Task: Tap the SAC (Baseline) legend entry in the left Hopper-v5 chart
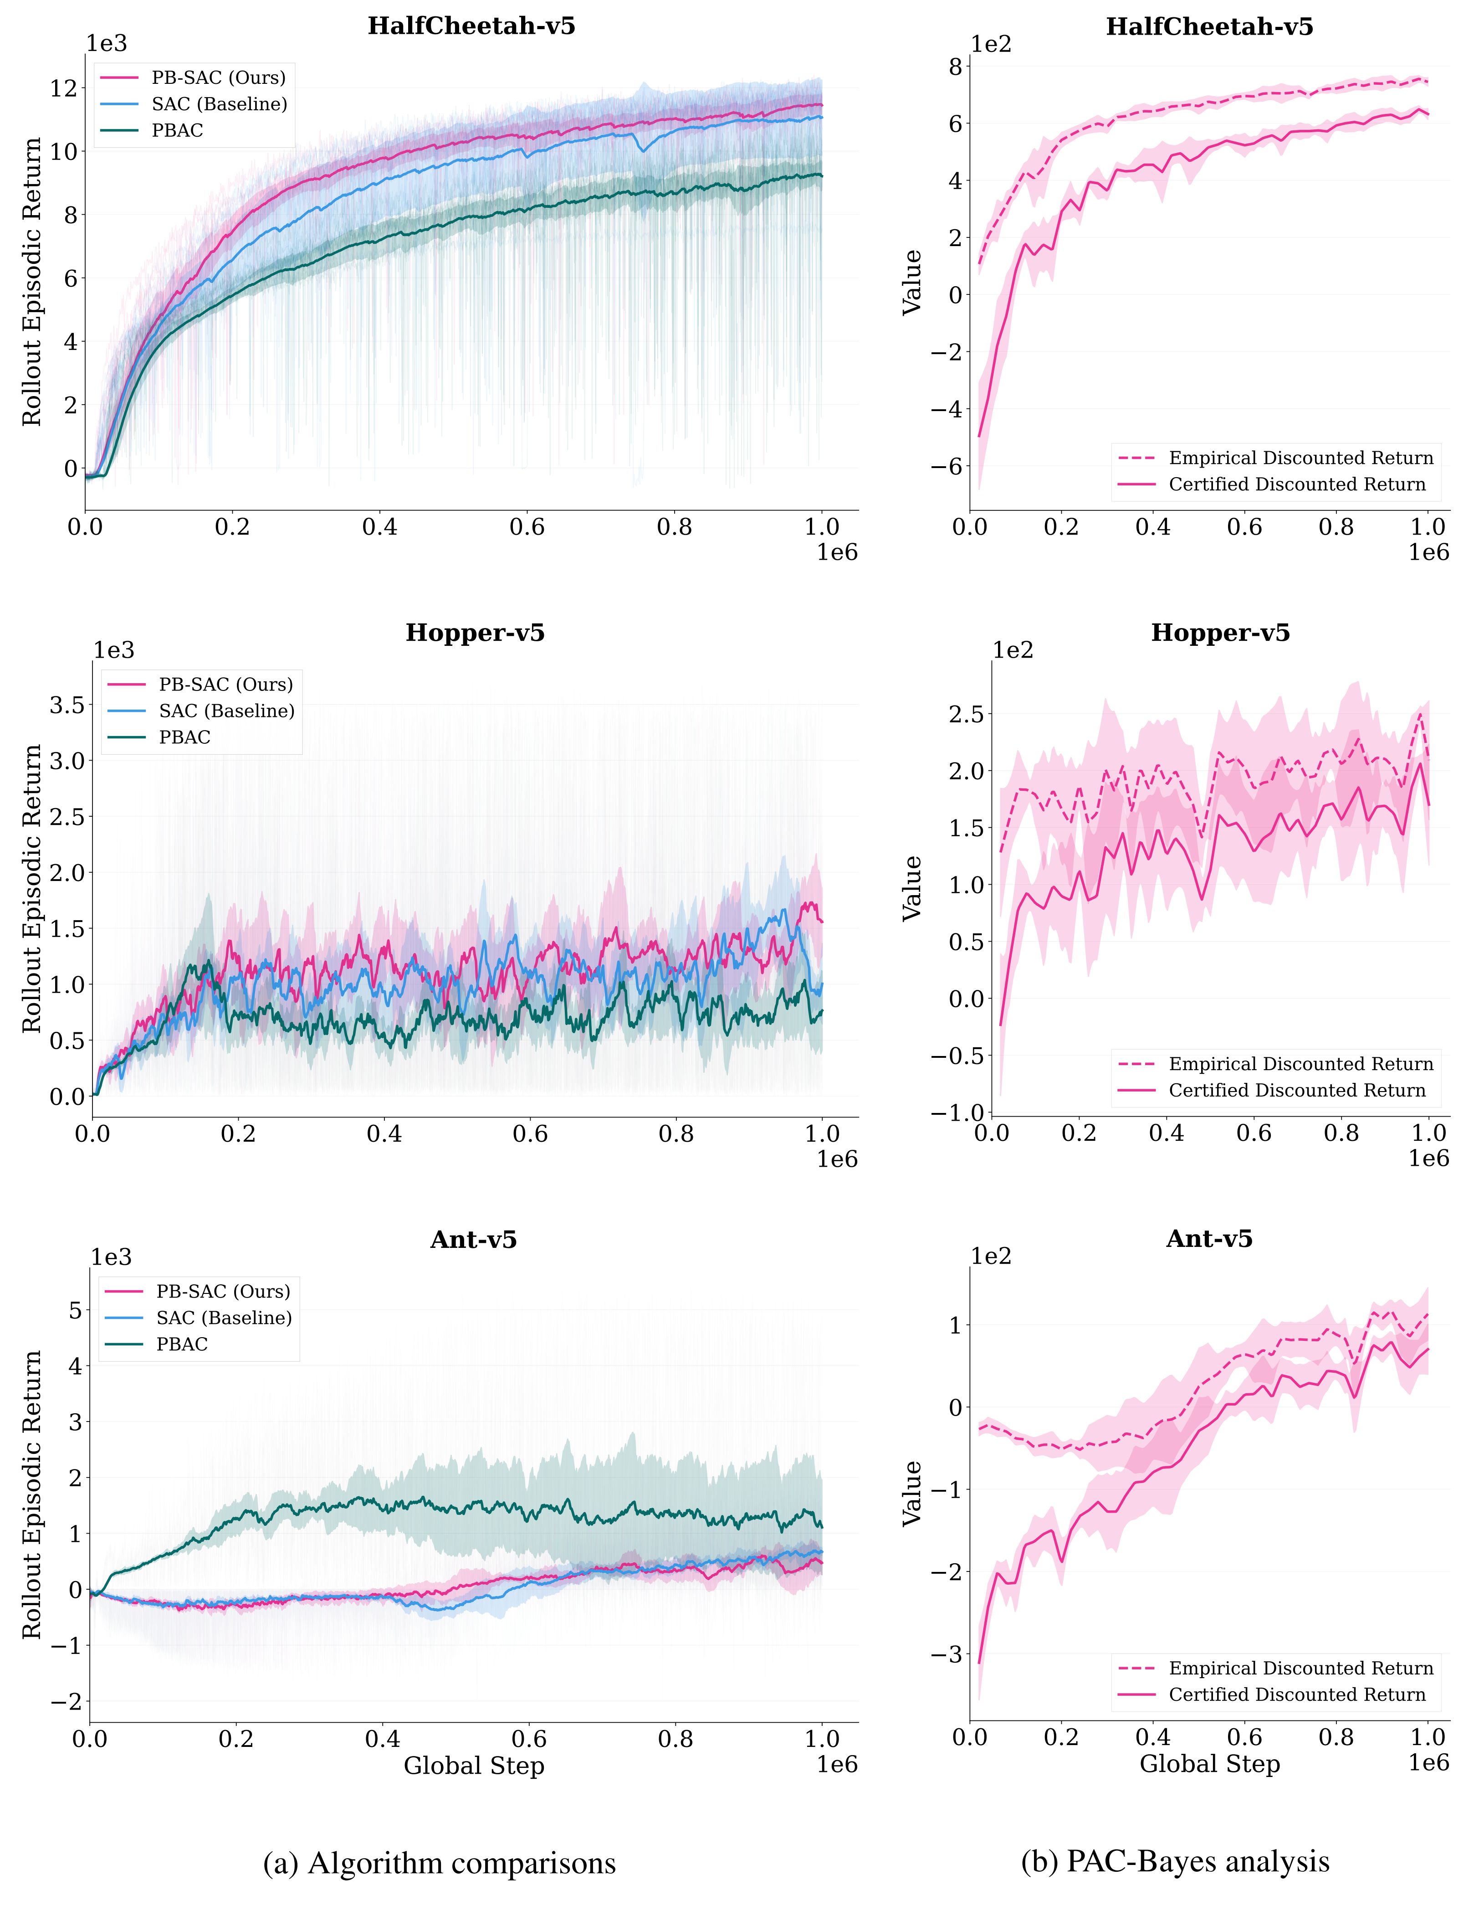coord(226,711)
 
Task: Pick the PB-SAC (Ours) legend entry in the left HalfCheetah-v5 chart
coord(218,78)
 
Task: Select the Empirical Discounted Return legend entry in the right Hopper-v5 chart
coord(1300,1064)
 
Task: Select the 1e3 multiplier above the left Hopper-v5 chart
coord(114,650)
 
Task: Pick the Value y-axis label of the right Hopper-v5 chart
coord(913,888)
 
